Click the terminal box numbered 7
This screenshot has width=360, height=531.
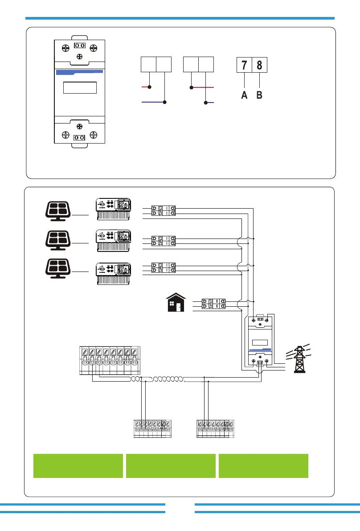[x=244, y=66]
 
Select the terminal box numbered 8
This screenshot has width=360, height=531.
[x=259, y=66]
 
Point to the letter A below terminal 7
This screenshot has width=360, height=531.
[x=244, y=95]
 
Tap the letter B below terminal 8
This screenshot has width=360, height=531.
[x=259, y=95]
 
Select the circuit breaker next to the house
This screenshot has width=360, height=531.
[x=213, y=304]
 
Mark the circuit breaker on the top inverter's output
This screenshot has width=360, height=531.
[x=164, y=210]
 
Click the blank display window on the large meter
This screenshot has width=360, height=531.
[x=80, y=87]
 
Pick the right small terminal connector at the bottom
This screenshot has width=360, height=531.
[x=215, y=428]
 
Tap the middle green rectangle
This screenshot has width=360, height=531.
[x=171, y=466]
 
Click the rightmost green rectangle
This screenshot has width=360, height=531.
[x=263, y=466]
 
